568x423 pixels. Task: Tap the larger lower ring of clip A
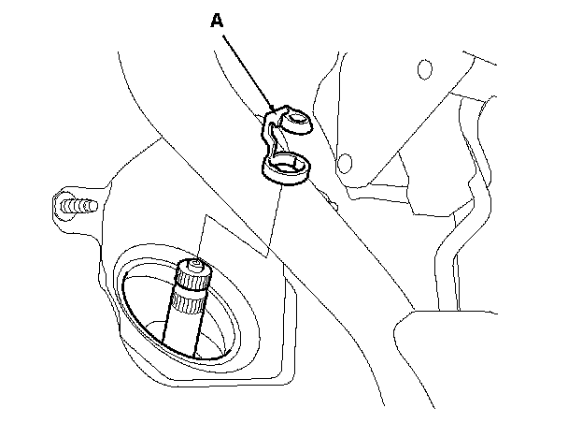point(288,168)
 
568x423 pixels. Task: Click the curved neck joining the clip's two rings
point(274,140)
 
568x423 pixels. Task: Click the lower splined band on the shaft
point(186,304)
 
